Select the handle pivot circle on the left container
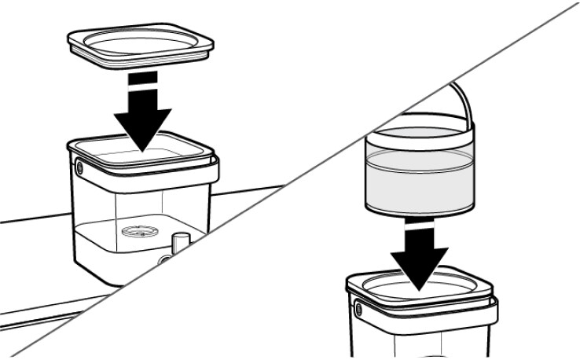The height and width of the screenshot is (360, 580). [x=79, y=168]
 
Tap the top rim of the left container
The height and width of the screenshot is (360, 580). [x=141, y=145]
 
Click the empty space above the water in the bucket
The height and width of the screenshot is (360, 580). [x=420, y=145]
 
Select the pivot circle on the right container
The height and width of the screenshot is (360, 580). [x=360, y=309]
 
